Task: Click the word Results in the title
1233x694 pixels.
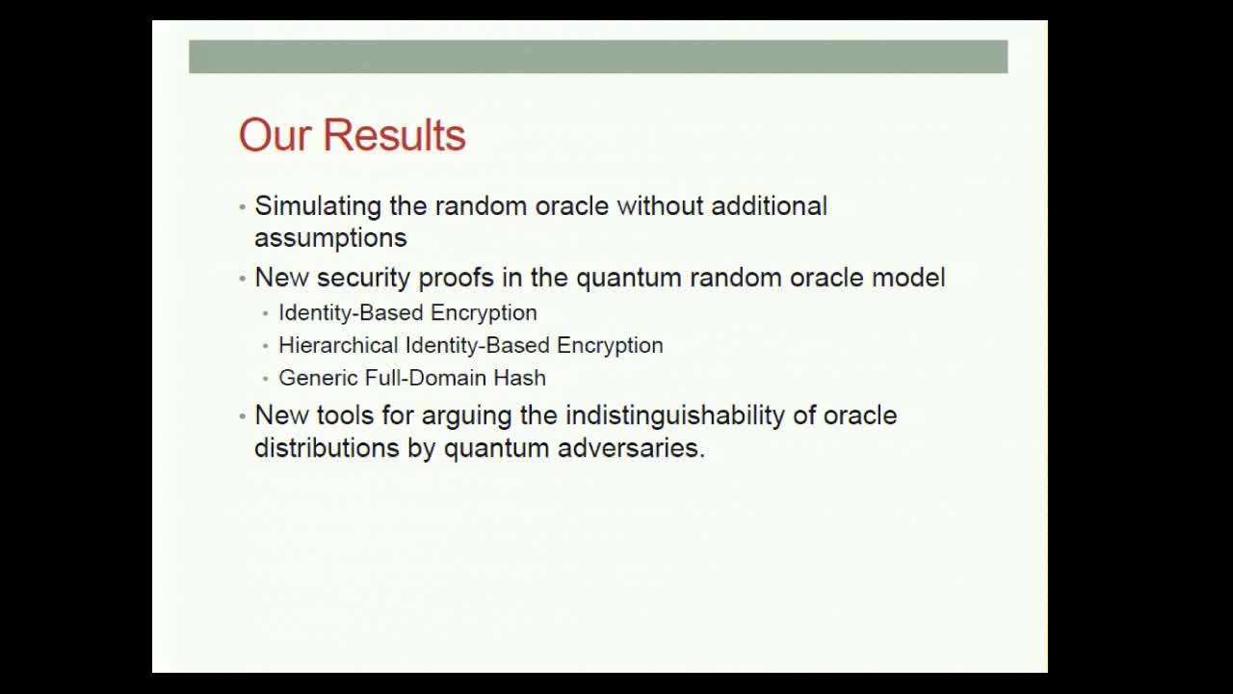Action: [394, 134]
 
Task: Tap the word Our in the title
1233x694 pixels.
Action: [275, 134]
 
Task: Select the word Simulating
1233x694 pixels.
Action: [318, 207]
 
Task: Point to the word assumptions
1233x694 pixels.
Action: [330, 238]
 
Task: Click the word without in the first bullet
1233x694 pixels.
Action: [660, 206]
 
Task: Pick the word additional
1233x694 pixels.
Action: [769, 206]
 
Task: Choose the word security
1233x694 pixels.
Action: [364, 278]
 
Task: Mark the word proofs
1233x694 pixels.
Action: [457, 278]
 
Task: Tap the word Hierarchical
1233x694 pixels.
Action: [338, 345]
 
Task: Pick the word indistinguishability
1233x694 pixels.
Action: [675, 415]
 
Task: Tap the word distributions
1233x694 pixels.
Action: [327, 447]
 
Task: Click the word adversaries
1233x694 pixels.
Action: [631, 447]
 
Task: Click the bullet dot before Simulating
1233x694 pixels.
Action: [242, 207]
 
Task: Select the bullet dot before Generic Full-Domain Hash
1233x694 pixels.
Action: [266, 379]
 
